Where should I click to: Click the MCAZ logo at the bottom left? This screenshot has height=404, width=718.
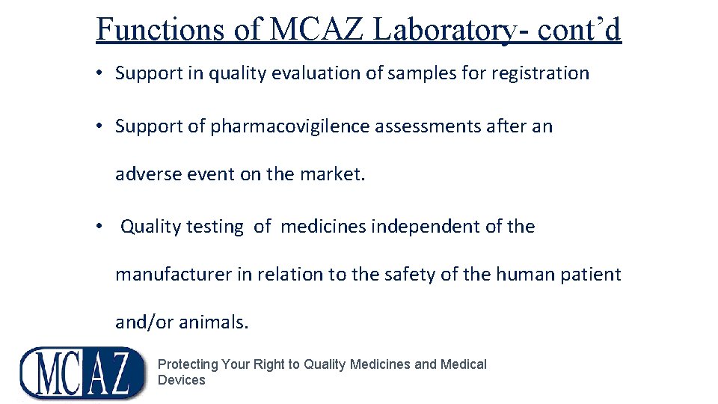click(x=82, y=372)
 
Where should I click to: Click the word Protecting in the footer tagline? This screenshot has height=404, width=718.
click(x=188, y=364)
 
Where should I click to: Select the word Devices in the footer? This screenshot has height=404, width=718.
click(x=181, y=380)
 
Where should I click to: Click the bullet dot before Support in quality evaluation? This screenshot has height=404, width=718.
click(x=99, y=73)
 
